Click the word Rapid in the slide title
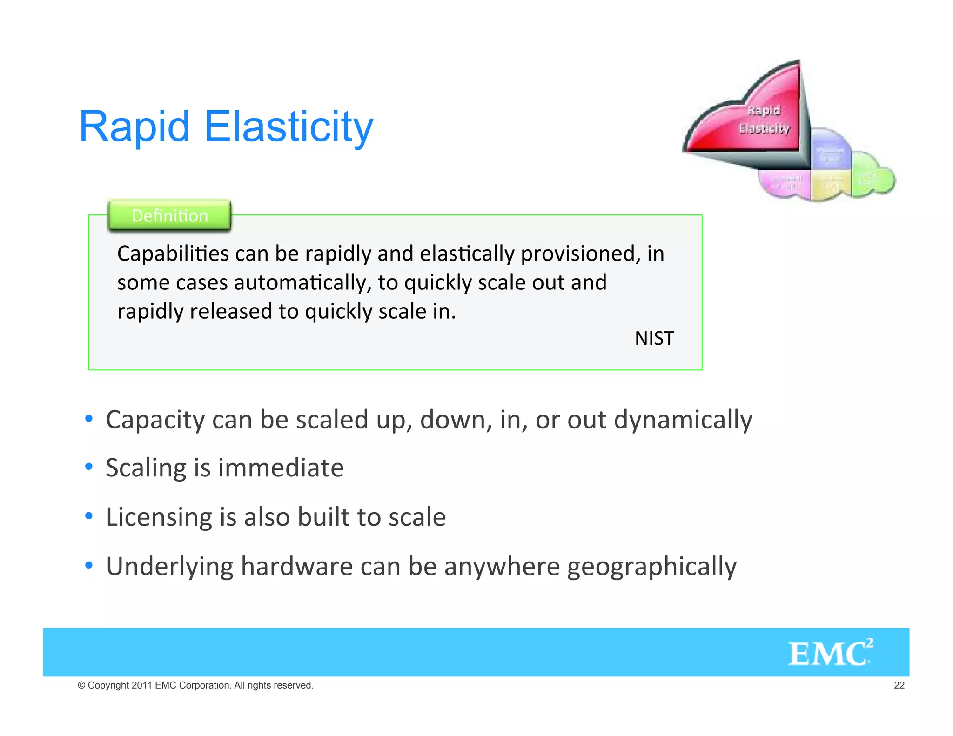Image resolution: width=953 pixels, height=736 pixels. tap(134, 127)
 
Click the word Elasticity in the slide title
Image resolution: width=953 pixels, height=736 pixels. tap(289, 127)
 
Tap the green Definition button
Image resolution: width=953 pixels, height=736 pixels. tap(169, 215)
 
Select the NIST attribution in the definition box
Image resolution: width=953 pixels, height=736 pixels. tap(654, 338)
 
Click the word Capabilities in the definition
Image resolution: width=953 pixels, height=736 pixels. tap(173, 254)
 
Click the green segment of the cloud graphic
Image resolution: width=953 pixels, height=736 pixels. tap(870, 177)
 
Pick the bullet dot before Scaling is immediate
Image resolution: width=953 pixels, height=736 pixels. tap(89, 467)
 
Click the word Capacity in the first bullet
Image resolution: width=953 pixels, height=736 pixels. tap(155, 420)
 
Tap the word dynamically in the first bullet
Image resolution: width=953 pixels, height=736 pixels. tap(683, 420)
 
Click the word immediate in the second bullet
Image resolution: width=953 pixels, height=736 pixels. tap(281, 468)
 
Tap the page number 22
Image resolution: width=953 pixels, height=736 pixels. tap(899, 685)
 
